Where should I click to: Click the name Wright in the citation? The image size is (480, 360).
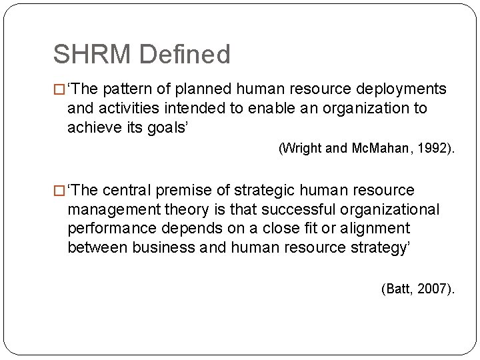(x=301, y=149)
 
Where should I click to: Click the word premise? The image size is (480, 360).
(x=185, y=191)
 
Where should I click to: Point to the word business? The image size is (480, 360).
(x=163, y=247)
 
